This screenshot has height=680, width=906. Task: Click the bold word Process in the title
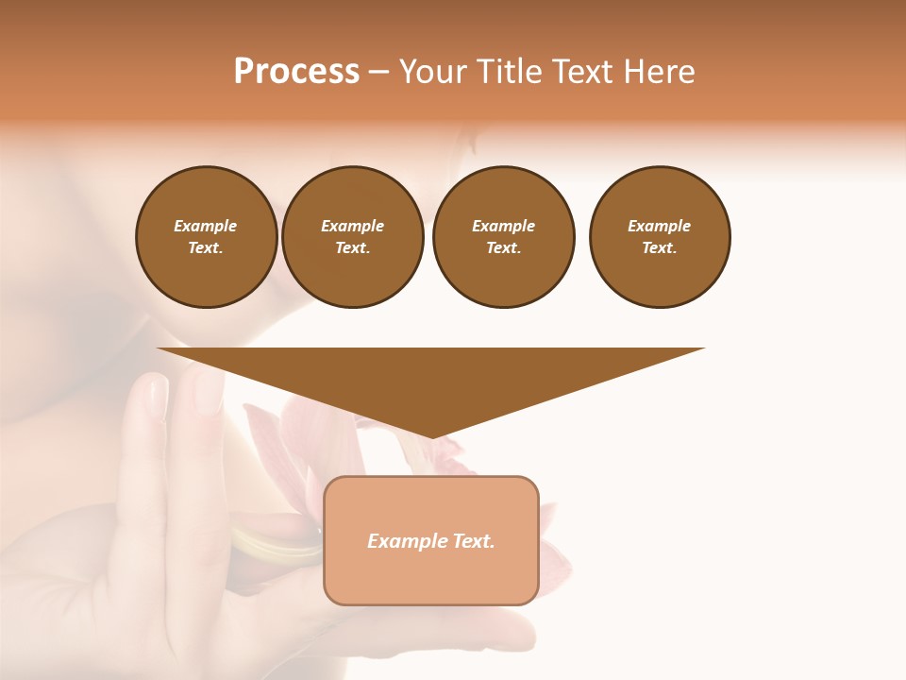coord(296,72)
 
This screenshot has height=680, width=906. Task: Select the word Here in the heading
coord(661,72)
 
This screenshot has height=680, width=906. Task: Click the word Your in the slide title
coord(433,72)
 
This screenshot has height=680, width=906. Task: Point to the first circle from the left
coord(207,237)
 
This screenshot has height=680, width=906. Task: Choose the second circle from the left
coord(353,237)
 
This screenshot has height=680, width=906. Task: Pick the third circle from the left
coord(503,237)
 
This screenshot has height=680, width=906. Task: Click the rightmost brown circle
coord(660,237)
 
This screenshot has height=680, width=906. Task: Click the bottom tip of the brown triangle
coord(431,436)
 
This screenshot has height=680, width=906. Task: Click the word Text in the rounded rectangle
coord(475,541)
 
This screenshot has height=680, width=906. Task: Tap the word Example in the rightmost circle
coord(660,226)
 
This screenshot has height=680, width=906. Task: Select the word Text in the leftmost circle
coord(205,248)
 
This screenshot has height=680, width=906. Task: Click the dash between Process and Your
coord(378,72)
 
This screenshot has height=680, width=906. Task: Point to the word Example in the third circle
coord(503,226)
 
